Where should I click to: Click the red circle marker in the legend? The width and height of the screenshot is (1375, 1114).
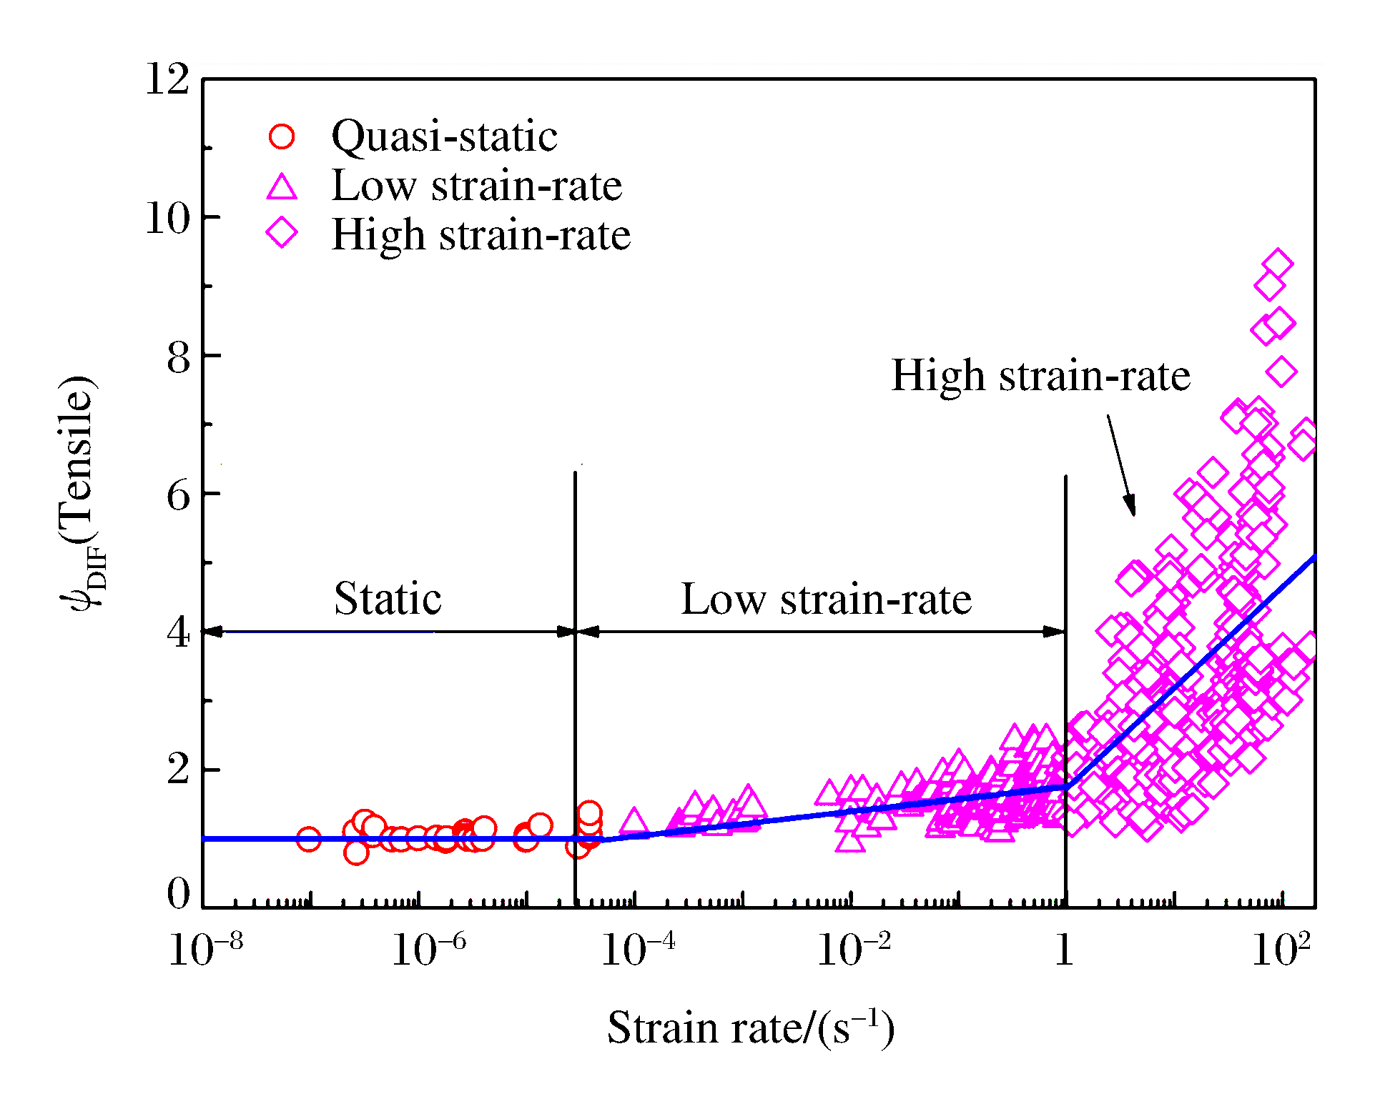[x=282, y=136]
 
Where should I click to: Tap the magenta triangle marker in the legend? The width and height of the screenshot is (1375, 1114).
[x=282, y=187]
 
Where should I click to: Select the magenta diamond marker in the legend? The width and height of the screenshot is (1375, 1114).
[x=282, y=233]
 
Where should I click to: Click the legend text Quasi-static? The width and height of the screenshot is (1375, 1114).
[x=444, y=136]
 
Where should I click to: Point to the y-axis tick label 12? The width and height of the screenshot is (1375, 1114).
[x=167, y=79]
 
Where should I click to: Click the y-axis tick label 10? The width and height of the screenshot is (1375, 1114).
[x=167, y=217]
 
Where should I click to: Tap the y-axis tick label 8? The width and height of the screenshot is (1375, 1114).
[x=179, y=357]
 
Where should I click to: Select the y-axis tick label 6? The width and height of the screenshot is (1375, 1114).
[x=179, y=494]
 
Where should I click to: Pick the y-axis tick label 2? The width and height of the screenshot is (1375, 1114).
[x=179, y=770]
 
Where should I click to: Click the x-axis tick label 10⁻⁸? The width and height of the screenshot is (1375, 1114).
[x=206, y=950]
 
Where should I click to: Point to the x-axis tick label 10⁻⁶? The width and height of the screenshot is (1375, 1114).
[x=428, y=950]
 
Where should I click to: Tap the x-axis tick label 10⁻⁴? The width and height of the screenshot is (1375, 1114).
[x=638, y=950]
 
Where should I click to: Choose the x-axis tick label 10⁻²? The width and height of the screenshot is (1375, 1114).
[x=854, y=950]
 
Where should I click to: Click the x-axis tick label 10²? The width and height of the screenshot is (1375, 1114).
[x=1281, y=950]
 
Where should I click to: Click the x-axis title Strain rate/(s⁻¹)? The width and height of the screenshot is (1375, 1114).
[x=751, y=1028]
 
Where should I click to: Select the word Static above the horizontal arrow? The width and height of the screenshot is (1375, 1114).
[x=388, y=598]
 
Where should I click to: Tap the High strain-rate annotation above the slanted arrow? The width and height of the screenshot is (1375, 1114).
[x=1041, y=375]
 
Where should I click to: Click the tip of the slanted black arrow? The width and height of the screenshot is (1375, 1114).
[x=1133, y=514]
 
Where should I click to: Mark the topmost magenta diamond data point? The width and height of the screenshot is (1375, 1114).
[x=1278, y=264]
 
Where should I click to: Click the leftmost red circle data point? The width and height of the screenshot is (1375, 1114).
[x=308, y=839]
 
